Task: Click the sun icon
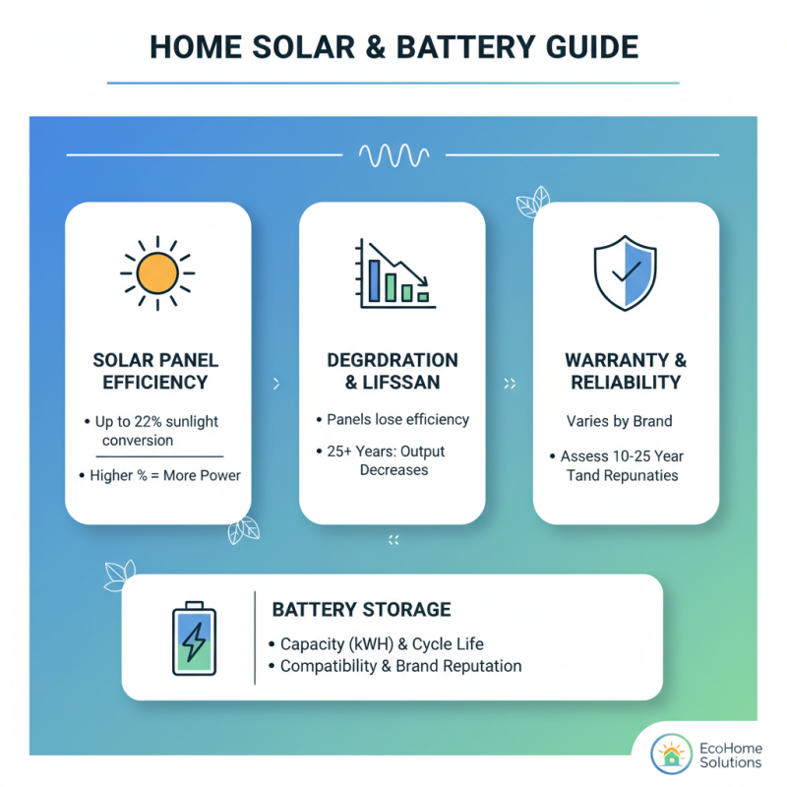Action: [157, 272]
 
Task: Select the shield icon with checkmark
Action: [626, 272]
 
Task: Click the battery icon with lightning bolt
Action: [195, 638]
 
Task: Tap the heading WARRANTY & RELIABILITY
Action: [626, 373]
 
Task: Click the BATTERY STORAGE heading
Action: [361, 610]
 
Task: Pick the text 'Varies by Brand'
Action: [620, 421]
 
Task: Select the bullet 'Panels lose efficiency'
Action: [397, 419]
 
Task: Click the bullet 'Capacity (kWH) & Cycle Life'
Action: [381, 644]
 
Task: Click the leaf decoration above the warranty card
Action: [532, 203]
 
